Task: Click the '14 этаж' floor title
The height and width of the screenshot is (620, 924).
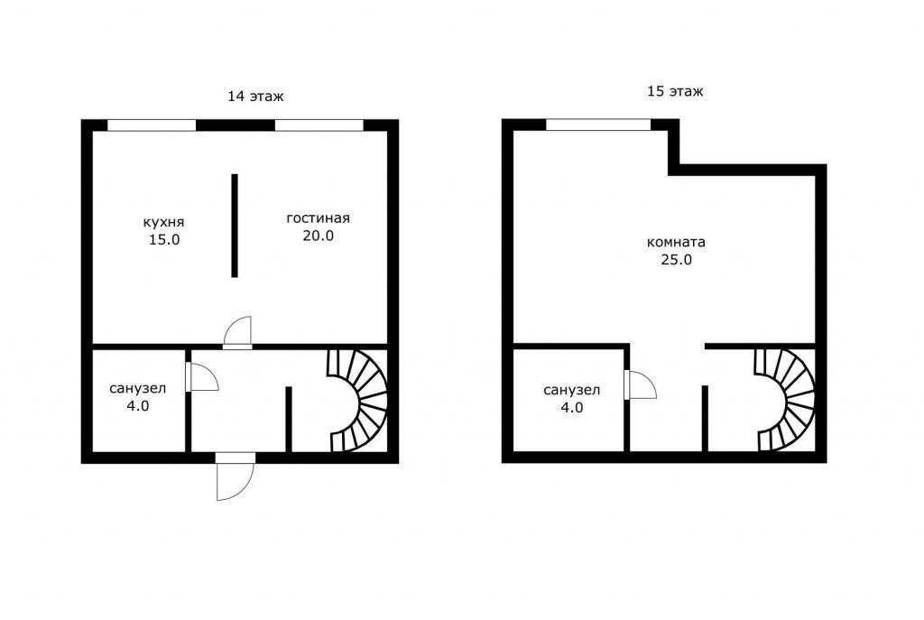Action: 255,96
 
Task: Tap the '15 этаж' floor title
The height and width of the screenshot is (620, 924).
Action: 675,91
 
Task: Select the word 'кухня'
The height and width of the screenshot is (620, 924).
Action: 164,222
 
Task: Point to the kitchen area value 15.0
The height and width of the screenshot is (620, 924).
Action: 164,240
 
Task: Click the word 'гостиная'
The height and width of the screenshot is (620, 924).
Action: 319,218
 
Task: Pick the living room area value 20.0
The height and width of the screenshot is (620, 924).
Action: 319,236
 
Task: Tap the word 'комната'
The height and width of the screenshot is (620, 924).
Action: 676,242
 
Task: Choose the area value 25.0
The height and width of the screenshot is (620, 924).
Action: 676,259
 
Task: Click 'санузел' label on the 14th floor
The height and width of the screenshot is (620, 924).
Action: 138,388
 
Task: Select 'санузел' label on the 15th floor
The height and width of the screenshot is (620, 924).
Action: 571,390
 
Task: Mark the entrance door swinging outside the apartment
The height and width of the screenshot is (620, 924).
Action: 235,477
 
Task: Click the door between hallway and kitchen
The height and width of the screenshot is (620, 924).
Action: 237,333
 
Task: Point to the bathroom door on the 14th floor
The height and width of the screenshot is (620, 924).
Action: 201,376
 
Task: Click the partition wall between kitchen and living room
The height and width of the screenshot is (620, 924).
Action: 235,225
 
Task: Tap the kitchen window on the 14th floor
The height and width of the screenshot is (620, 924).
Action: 152,125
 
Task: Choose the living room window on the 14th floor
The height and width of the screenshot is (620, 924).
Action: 319,125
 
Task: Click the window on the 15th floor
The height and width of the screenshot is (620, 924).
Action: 598,125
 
